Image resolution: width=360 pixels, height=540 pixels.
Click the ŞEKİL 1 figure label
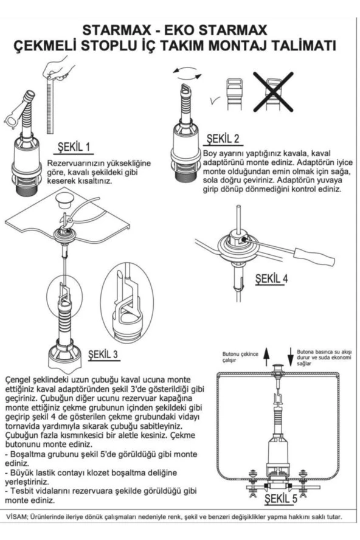tap(74, 147)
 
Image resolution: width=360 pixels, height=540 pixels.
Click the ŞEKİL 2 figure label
tap(223, 139)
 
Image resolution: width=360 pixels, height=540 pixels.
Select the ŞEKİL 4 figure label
tap(271, 279)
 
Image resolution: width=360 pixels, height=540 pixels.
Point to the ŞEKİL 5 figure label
tap(281, 498)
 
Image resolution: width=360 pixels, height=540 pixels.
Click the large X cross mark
tap(274, 92)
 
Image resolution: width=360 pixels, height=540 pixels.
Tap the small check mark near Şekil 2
tap(215, 100)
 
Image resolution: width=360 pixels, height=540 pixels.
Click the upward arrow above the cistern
tap(266, 356)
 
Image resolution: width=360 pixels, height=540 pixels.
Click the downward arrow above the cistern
tap(290, 356)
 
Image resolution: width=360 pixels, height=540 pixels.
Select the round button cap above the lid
tap(64, 199)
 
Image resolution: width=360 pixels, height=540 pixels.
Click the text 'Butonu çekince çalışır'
tap(240, 357)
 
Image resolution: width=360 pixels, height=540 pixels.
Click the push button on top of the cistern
tap(278, 366)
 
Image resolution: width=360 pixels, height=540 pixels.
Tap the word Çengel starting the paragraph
tap(17, 380)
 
